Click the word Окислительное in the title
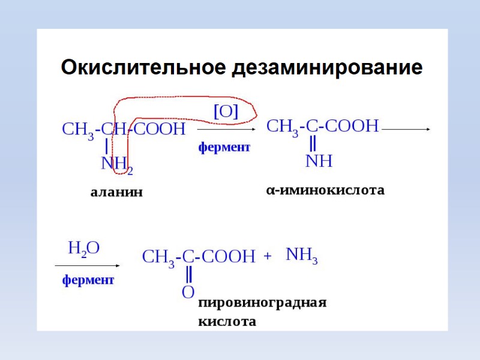point(143,67)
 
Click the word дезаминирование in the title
point(326,67)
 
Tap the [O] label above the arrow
point(226,111)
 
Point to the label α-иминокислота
point(325,190)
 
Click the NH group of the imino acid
point(319,161)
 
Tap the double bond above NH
point(313,144)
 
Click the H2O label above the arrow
point(84,248)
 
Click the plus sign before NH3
point(268,256)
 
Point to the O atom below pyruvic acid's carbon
point(188,292)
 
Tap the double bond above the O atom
point(188,275)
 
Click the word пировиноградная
point(262,302)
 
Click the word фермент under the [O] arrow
point(224,147)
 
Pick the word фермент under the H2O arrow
point(88,280)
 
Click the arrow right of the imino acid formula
point(406,128)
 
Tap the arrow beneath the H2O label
point(88,265)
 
